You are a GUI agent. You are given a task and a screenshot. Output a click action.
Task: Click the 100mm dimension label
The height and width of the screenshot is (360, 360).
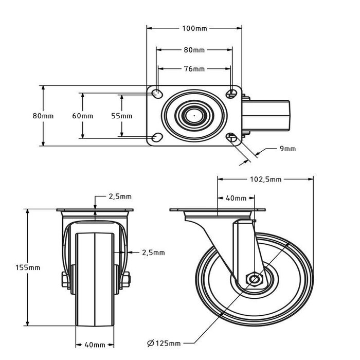click(194, 28)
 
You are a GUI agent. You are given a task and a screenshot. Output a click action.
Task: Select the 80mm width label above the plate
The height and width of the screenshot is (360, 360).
click(194, 50)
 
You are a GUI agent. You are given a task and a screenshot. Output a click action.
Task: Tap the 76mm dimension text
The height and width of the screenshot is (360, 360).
click(194, 69)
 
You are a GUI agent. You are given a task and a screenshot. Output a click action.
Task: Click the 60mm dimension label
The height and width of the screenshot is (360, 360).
click(82, 116)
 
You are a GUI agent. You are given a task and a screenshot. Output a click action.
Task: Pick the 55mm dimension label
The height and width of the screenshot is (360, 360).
click(122, 116)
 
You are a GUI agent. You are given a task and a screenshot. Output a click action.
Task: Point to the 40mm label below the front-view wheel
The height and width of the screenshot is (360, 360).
click(95, 345)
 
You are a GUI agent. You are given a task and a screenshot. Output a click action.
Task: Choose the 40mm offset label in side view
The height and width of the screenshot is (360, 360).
click(236, 198)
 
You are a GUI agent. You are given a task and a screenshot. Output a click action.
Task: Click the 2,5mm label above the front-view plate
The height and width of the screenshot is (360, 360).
click(120, 196)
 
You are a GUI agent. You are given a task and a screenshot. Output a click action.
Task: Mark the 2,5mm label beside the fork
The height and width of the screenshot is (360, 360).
click(153, 253)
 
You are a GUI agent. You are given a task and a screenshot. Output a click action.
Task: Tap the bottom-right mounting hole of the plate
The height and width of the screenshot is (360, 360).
click(232, 137)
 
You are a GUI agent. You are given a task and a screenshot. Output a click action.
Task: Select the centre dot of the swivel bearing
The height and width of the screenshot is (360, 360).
click(194, 116)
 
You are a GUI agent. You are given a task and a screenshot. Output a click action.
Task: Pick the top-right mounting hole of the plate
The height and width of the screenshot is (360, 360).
click(232, 93)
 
